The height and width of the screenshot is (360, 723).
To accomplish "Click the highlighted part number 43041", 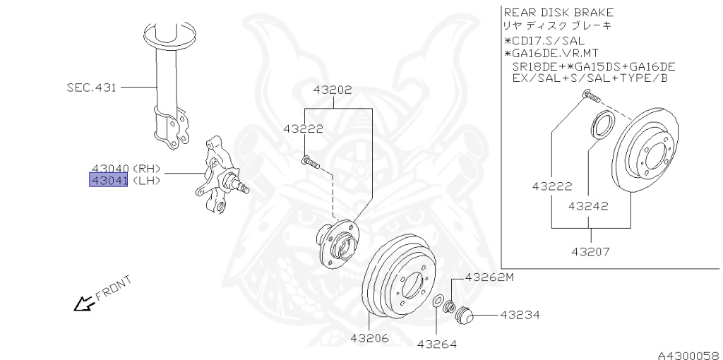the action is (x=108, y=181).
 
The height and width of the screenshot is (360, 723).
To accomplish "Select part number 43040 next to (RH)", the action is (x=108, y=169).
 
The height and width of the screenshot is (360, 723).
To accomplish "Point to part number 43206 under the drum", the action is (x=369, y=338).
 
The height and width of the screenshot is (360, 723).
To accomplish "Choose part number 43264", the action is (x=436, y=344).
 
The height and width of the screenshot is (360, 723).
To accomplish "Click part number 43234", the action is (x=520, y=314).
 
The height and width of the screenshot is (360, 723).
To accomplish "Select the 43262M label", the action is (x=489, y=277).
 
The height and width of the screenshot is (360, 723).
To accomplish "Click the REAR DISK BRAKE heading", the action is (x=558, y=13).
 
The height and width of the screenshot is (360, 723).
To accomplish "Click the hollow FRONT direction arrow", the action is (x=83, y=304).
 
